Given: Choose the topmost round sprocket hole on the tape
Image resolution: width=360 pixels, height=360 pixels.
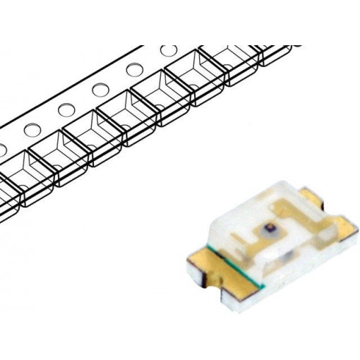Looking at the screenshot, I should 169,52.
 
